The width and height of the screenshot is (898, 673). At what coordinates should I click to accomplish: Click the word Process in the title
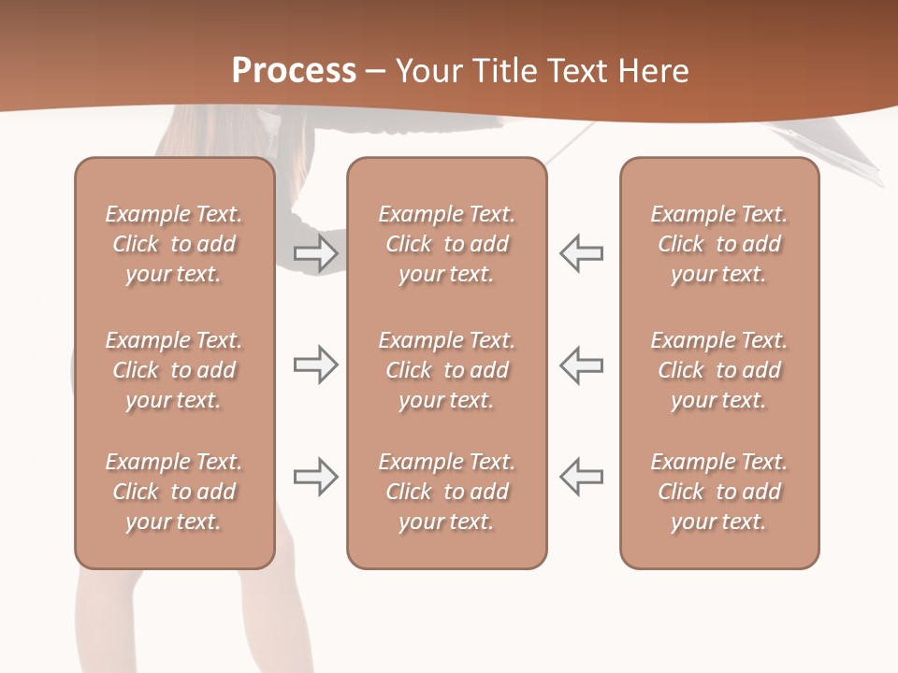click(294, 71)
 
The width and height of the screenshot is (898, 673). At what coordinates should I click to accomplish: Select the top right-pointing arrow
click(316, 253)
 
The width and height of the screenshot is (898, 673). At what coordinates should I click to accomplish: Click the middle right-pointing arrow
click(316, 365)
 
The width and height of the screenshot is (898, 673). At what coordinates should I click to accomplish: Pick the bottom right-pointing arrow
click(316, 477)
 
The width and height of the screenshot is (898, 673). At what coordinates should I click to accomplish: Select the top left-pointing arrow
click(582, 253)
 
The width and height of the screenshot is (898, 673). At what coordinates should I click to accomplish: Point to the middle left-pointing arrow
click(582, 365)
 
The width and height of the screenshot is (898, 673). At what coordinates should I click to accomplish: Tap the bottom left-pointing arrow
click(582, 477)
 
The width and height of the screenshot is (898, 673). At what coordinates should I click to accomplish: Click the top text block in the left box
click(174, 244)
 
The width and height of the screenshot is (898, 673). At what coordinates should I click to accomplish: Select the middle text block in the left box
click(174, 370)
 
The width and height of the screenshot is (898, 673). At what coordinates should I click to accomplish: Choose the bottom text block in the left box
click(174, 492)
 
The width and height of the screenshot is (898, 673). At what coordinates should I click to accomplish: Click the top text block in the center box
click(447, 244)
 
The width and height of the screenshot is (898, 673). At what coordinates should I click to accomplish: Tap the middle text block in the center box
click(447, 370)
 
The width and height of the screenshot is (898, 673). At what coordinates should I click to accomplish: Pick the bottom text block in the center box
click(447, 492)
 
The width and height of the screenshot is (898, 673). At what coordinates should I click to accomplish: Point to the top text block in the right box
click(719, 244)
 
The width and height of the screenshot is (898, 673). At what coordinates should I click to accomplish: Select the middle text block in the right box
click(719, 370)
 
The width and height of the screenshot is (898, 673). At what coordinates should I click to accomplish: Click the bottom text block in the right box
click(719, 492)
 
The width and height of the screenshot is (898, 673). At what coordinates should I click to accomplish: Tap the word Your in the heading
click(427, 71)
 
